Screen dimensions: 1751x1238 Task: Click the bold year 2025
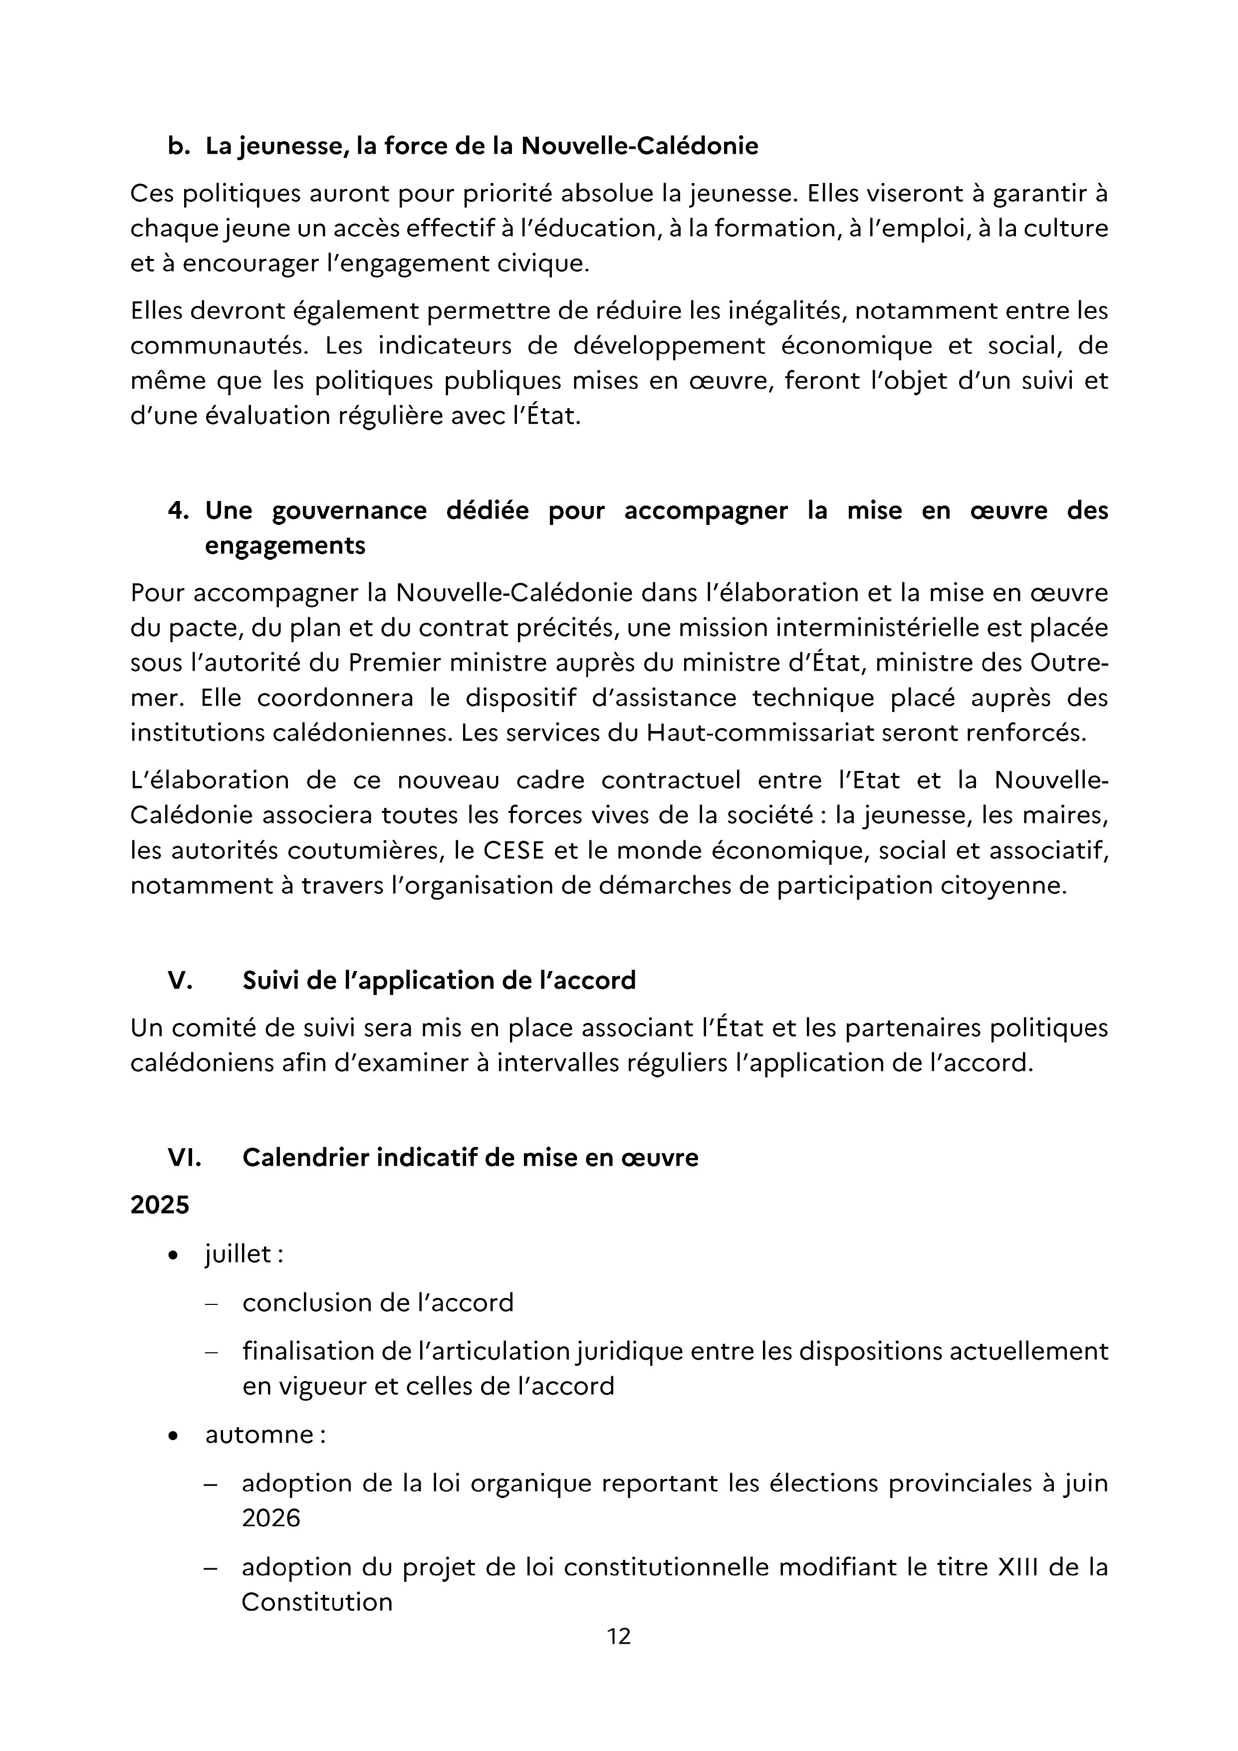coord(159,1205)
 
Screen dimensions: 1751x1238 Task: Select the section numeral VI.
coord(184,1158)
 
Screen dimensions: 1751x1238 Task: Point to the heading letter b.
coord(178,146)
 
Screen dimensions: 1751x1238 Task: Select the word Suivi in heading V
coord(271,980)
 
